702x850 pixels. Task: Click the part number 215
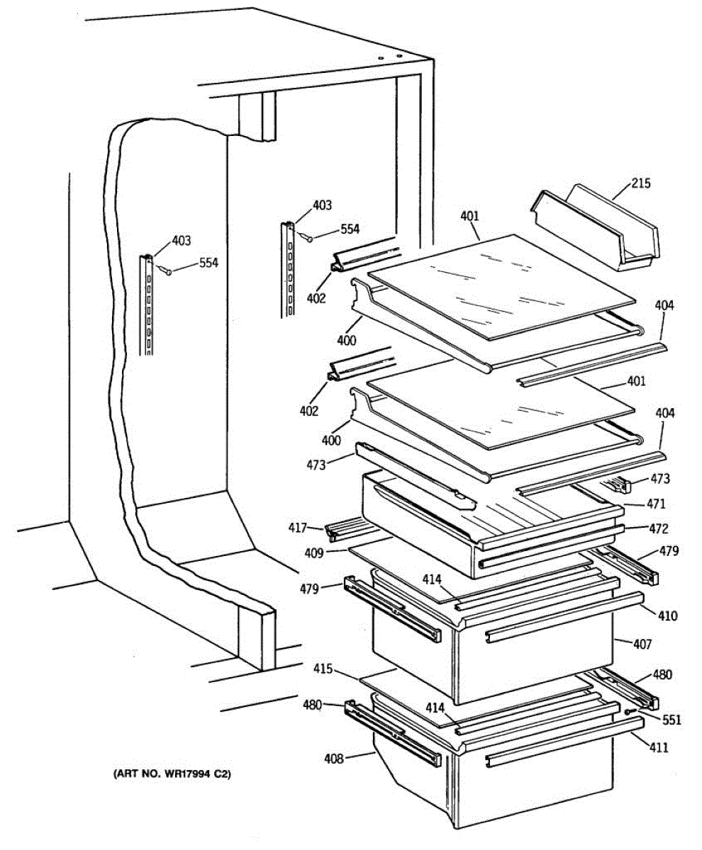click(640, 183)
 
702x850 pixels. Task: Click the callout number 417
click(297, 528)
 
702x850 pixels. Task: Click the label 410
click(667, 616)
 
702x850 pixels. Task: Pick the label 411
click(657, 747)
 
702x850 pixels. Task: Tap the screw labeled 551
click(628, 712)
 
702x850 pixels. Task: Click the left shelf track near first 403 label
click(147, 305)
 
